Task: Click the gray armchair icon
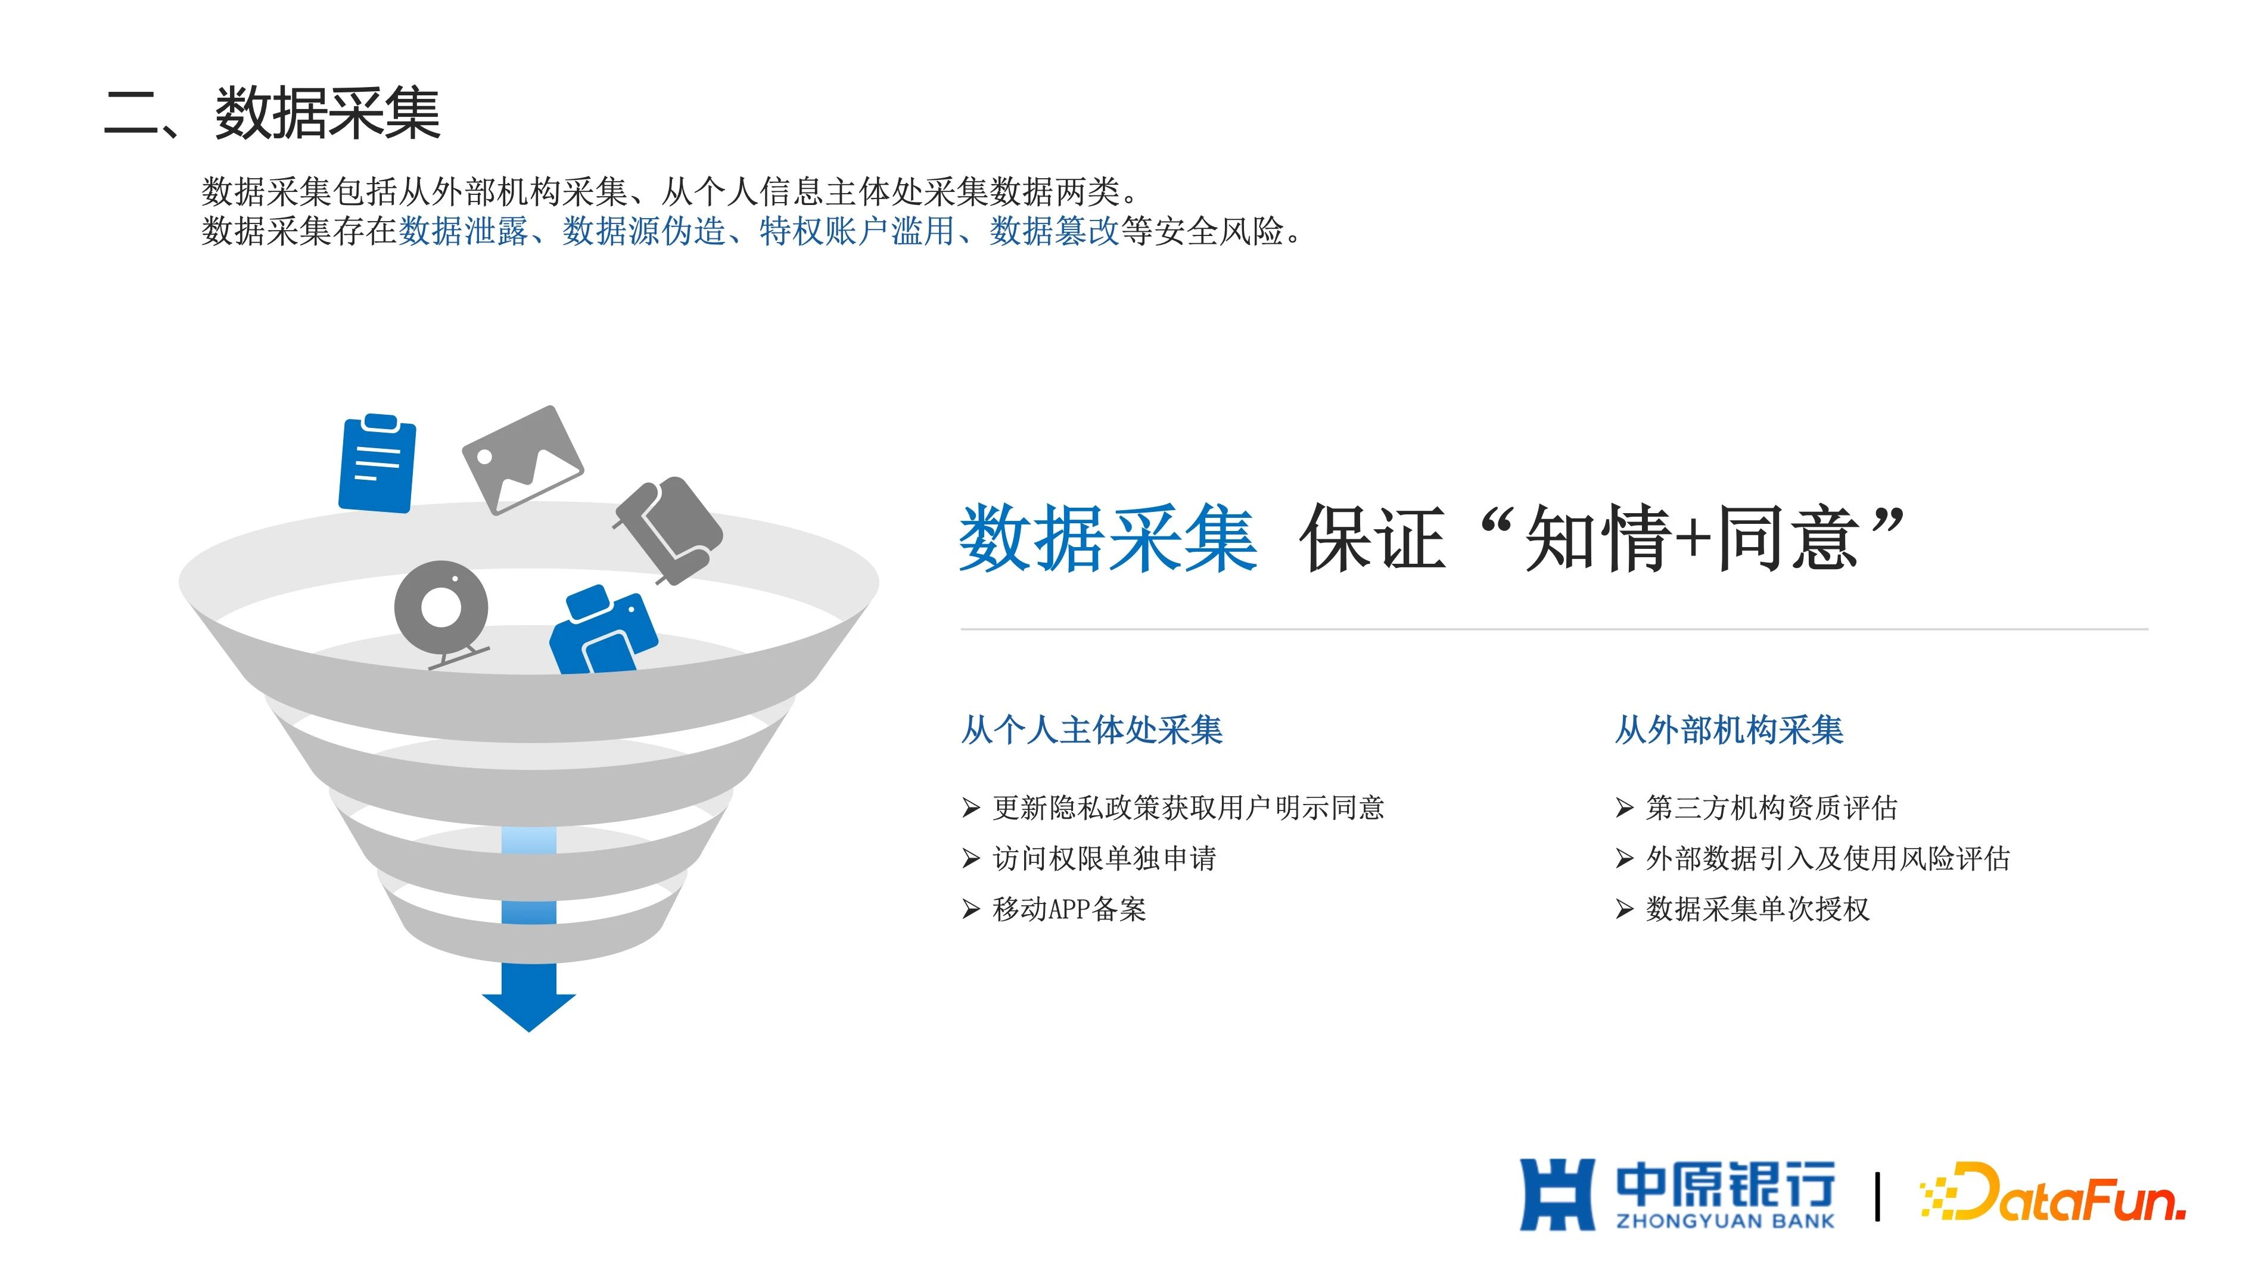(669, 529)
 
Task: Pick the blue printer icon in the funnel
(603, 629)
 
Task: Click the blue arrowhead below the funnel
(529, 1012)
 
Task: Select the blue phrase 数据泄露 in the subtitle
(464, 232)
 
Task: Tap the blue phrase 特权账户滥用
(857, 232)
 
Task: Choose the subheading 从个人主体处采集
(1091, 730)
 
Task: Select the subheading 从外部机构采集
(1728, 730)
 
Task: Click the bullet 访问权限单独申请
(1104, 859)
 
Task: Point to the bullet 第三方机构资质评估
(1771, 808)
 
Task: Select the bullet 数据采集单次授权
(1757, 909)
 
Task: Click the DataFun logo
(2052, 1193)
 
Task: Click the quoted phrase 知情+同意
(1691, 539)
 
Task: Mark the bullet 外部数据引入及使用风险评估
(1827, 859)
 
